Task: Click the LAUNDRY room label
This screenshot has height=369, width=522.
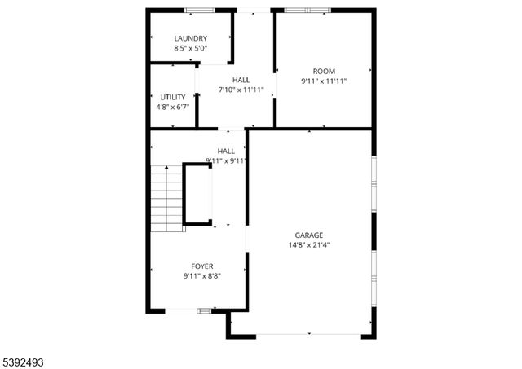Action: tap(190, 38)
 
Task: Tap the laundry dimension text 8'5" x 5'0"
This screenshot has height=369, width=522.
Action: tap(190, 48)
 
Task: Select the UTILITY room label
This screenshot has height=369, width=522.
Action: tap(172, 97)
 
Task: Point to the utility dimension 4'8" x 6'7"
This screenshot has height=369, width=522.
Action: tap(172, 107)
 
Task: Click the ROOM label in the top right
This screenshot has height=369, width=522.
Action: tap(324, 71)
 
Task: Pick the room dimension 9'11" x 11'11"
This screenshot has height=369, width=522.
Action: tap(324, 81)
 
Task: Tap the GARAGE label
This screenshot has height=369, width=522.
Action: tap(308, 235)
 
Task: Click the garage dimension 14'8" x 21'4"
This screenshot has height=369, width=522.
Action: tap(308, 245)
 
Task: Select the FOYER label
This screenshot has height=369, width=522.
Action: tap(202, 266)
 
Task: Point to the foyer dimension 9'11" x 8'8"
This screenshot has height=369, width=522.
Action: tap(202, 276)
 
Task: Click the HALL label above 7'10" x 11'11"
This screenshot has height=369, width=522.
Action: tap(241, 80)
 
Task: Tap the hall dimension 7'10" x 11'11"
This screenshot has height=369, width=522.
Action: tap(241, 90)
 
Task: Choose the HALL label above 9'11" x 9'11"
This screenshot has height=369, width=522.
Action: tap(226, 151)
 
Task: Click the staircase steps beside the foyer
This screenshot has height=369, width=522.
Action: tap(167, 198)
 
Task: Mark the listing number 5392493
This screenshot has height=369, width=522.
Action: tap(26, 356)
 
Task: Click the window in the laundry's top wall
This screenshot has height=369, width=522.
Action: tap(200, 10)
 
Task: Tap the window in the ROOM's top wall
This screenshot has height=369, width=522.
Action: tap(307, 10)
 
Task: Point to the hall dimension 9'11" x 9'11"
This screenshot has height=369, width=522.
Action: tap(226, 160)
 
